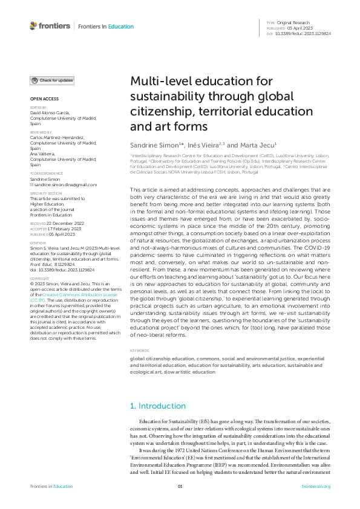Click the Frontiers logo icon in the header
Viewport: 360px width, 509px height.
(33, 26)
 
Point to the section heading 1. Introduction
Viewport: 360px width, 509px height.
(158, 406)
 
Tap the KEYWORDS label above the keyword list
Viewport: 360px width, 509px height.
(139, 351)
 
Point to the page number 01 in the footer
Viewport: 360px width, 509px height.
(180, 487)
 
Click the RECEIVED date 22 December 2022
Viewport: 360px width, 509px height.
(67, 223)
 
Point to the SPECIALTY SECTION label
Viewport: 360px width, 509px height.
(45, 193)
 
